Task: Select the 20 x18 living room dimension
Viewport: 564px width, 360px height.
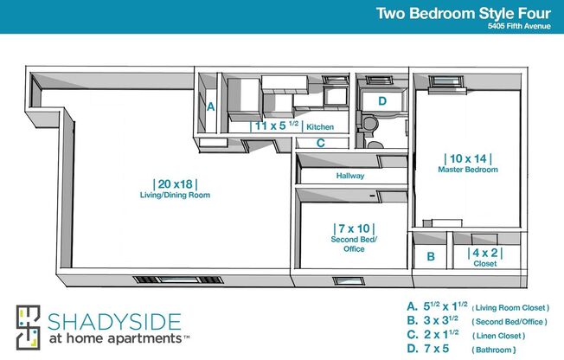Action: point(176,183)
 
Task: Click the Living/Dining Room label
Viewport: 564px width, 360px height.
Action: point(176,196)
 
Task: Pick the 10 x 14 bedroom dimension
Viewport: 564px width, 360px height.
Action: point(468,158)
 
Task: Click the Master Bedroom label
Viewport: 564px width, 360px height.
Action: point(468,170)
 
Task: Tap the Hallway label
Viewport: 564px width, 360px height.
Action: point(350,177)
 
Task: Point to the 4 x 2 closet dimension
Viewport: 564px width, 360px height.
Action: point(484,254)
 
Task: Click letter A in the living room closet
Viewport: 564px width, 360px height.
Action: point(210,107)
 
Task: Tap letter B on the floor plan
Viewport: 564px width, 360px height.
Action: point(430,257)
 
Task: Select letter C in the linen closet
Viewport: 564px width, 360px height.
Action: point(320,144)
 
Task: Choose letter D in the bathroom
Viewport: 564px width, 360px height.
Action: point(381,101)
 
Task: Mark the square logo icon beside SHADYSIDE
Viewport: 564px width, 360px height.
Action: point(29,327)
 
